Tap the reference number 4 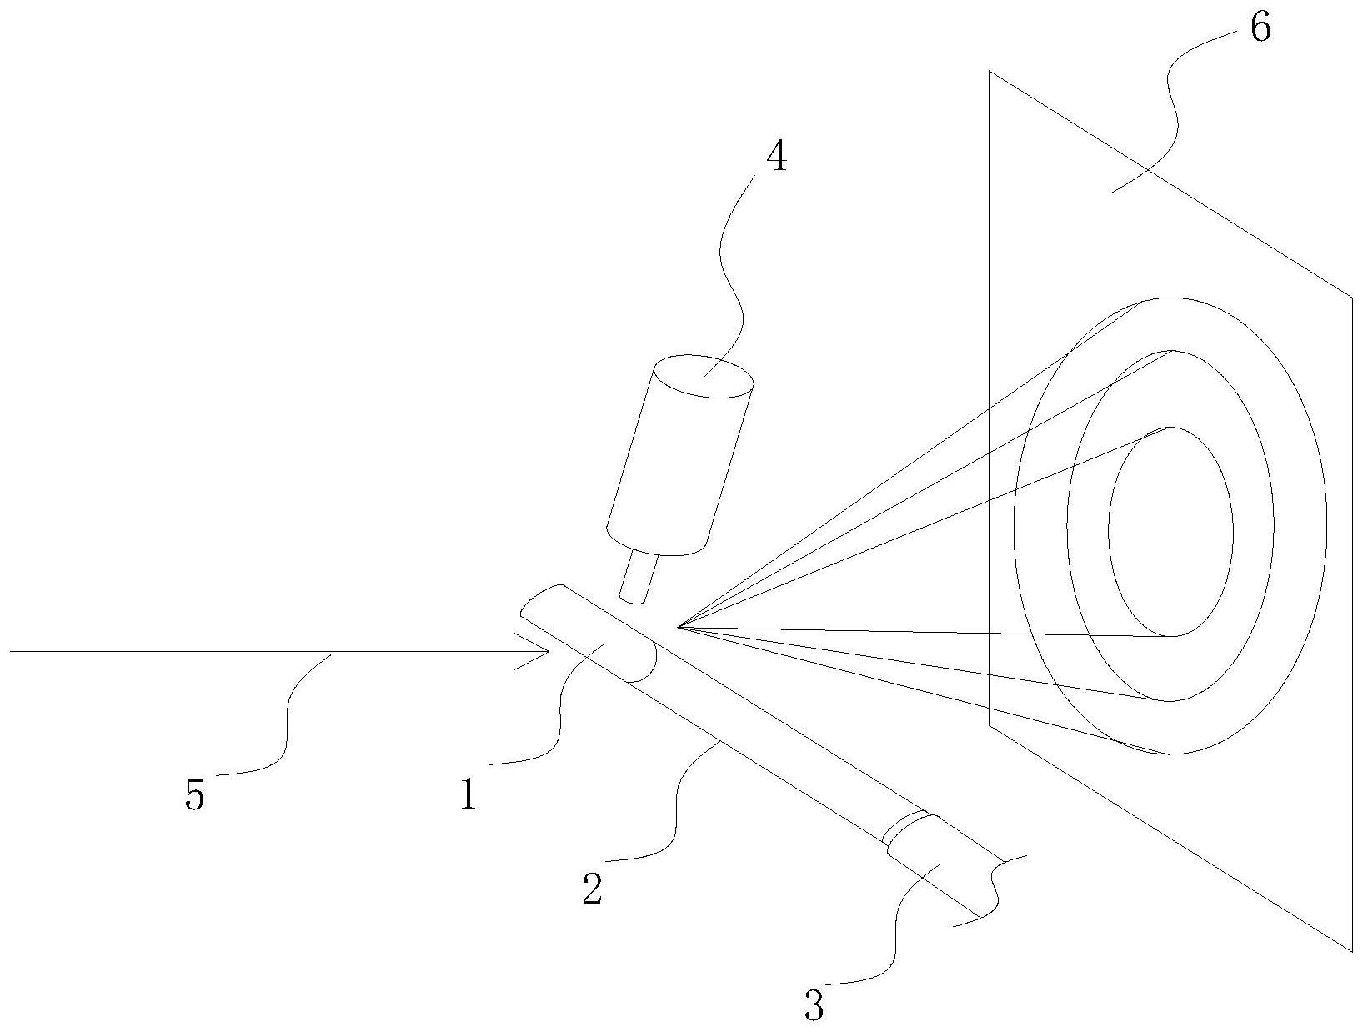pos(775,158)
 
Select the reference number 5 pos(193,794)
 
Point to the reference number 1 pos(469,795)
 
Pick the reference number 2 pos(592,890)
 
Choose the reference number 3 pos(814,1005)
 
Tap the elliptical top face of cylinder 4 pos(704,376)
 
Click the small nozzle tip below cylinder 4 pos(639,577)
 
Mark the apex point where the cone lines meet pos(679,625)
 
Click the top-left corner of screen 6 pos(990,72)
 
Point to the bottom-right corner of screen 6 pos(1351,950)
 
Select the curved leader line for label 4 pos(730,275)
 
